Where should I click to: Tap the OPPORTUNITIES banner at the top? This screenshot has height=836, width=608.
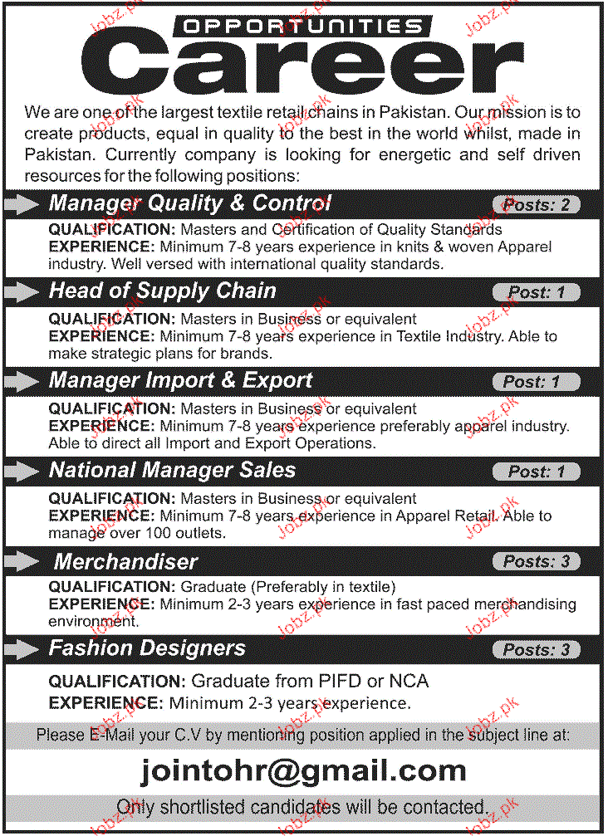302,25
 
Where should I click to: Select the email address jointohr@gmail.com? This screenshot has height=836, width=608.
303,770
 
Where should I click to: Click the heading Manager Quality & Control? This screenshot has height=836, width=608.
190,203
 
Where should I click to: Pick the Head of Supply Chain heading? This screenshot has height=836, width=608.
163,291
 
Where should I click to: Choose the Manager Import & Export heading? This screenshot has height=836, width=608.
181,381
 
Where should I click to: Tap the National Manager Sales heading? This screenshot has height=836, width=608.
173,471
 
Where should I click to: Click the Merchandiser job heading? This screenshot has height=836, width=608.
126,561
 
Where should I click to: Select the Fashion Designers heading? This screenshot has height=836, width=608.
148,648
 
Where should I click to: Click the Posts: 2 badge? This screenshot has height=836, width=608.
536,204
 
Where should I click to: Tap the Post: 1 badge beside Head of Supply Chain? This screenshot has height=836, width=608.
536,292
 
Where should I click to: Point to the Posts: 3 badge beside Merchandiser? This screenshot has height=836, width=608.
536,562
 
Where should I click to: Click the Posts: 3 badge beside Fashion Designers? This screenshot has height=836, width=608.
536,650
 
